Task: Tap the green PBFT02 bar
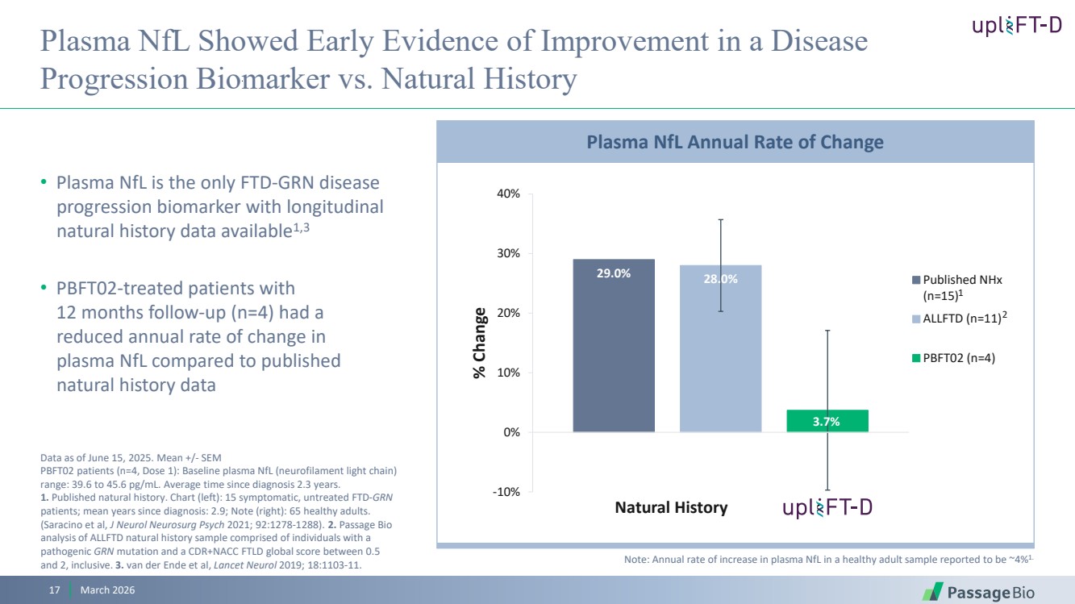pyautogui.click(x=827, y=421)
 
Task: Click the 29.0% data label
pyautogui.click(x=614, y=273)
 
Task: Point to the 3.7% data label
pyautogui.click(x=827, y=422)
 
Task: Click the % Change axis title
pyautogui.click(x=481, y=343)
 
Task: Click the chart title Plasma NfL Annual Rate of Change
pyautogui.click(x=735, y=143)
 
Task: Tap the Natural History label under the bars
pyautogui.click(x=671, y=507)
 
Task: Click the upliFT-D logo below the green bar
pyautogui.click(x=827, y=507)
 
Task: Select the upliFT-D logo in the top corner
pyautogui.click(x=1016, y=26)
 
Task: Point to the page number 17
pyautogui.click(x=55, y=591)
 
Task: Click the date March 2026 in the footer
pyautogui.click(x=102, y=591)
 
